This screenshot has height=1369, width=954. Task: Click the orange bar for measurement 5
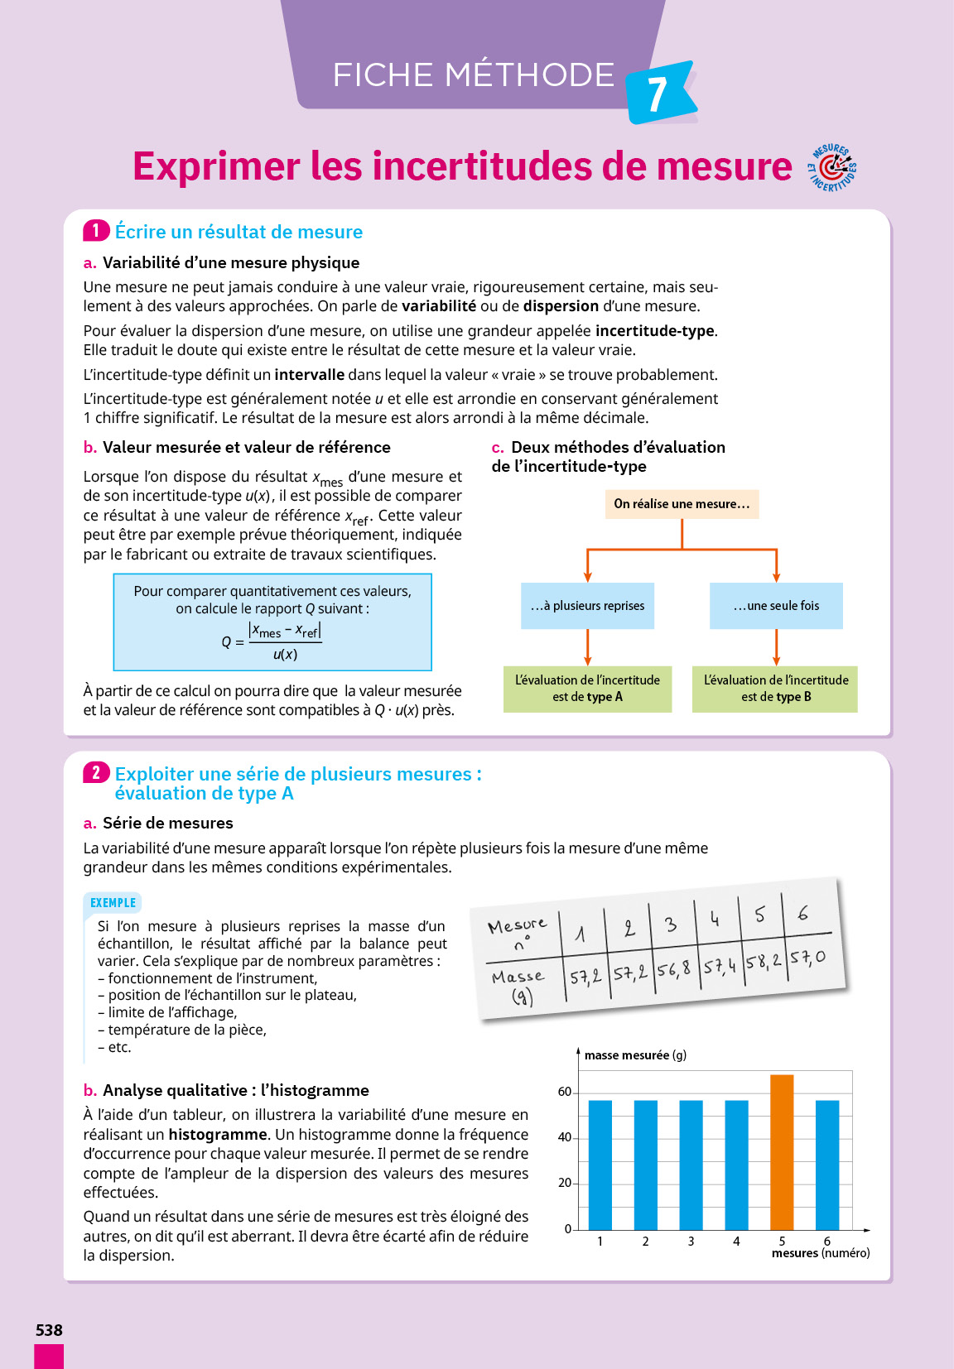pyautogui.click(x=782, y=1151)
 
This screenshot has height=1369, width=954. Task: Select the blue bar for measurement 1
pyautogui.click(x=600, y=1165)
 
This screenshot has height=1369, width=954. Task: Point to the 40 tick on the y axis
pyautogui.click(x=565, y=1137)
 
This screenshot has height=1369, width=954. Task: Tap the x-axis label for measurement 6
pyautogui.click(x=826, y=1241)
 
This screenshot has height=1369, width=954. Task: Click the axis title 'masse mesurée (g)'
pyautogui.click(x=635, y=1055)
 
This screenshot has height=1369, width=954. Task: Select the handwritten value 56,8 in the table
pyautogui.click(x=673, y=969)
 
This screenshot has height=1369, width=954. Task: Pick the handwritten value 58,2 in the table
pyautogui.click(x=764, y=962)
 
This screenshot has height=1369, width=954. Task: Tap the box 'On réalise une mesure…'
pyautogui.click(x=682, y=504)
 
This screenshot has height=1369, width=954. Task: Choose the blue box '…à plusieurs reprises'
pyautogui.click(x=587, y=606)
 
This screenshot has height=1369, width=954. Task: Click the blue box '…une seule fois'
pyautogui.click(x=776, y=606)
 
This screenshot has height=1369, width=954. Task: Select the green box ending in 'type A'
pyautogui.click(x=587, y=689)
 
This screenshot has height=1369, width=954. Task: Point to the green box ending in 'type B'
pyautogui.click(x=775, y=689)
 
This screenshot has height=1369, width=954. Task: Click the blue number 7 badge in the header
pyautogui.click(x=658, y=94)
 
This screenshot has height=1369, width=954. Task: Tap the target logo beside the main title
pyautogui.click(x=833, y=168)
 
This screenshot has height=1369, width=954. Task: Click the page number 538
pyautogui.click(x=49, y=1330)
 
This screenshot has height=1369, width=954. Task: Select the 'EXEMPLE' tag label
pyautogui.click(x=113, y=903)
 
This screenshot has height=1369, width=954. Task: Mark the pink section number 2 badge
pyautogui.click(x=96, y=773)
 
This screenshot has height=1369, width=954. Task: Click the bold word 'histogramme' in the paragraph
pyautogui.click(x=218, y=1134)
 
